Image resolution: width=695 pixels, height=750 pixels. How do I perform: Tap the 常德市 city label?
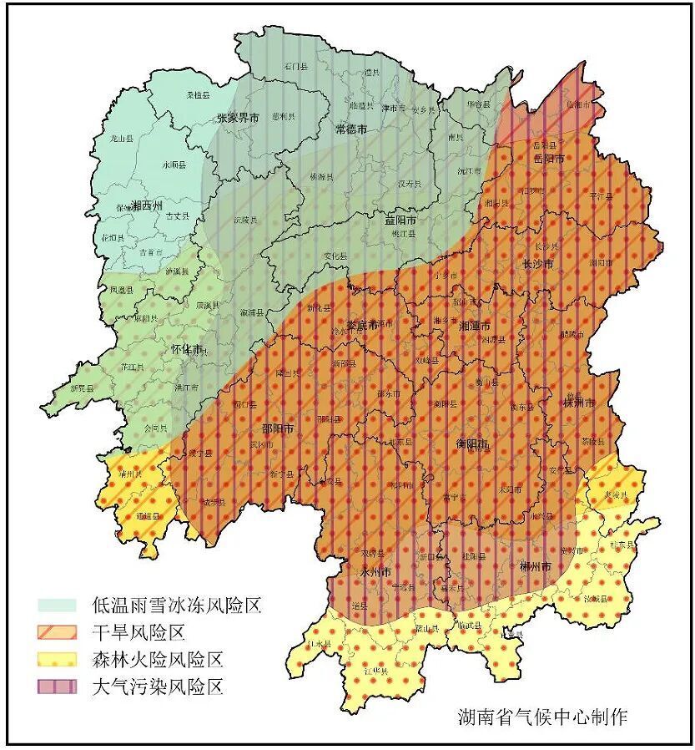(351, 129)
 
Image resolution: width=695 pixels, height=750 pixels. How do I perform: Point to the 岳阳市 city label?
(549, 158)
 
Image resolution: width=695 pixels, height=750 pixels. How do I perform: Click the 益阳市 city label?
(400, 220)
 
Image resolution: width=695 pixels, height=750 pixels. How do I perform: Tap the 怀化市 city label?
(187, 349)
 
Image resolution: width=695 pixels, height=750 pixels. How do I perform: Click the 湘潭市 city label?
(475, 327)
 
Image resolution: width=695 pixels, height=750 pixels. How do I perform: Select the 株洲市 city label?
(579, 403)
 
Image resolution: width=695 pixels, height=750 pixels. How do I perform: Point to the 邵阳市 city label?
(278, 428)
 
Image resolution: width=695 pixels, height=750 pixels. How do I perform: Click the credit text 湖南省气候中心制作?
(541, 716)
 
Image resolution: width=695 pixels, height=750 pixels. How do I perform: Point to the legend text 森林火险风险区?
(158, 660)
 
